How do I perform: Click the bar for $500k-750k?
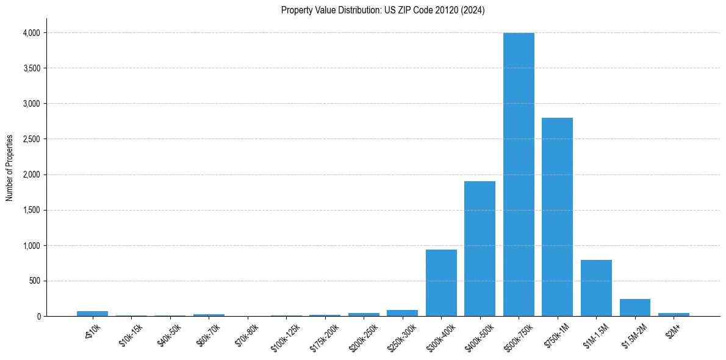(x=519, y=175)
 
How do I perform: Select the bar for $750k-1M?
(x=557, y=217)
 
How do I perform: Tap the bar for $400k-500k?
(x=480, y=249)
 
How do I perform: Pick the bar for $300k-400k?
(x=441, y=283)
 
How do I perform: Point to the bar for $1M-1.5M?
(x=596, y=288)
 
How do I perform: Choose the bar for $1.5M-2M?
(x=634, y=308)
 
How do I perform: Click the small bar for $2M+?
(x=674, y=314)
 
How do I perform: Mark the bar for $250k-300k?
(x=402, y=313)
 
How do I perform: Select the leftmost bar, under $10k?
(x=92, y=314)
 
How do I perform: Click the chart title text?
(x=383, y=10)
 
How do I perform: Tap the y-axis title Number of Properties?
(x=10, y=167)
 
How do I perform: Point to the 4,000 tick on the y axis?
(x=31, y=33)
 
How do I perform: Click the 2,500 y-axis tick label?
(x=31, y=139)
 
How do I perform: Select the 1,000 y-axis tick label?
(x=31, y=246)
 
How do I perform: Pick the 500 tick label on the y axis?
(x=34, y=281)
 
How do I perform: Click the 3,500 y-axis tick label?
(x=31, y=68)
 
